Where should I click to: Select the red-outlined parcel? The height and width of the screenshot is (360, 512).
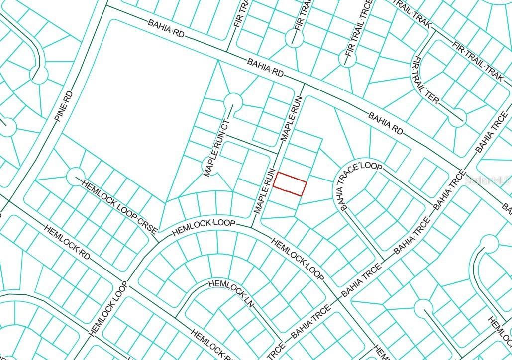(x=290, y=183)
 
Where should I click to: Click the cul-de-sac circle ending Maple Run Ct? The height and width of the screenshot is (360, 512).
(x=232, y=102)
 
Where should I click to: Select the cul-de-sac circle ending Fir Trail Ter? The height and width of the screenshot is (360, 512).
(x=457, y=117)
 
